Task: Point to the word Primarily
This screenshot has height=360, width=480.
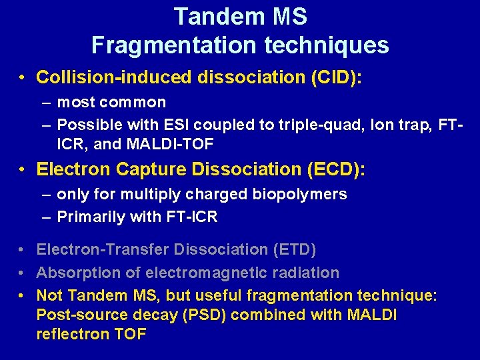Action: pyautogui.click(x=89, y=217)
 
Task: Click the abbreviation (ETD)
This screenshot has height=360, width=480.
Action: pyautogui.click(x=294, y=249)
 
